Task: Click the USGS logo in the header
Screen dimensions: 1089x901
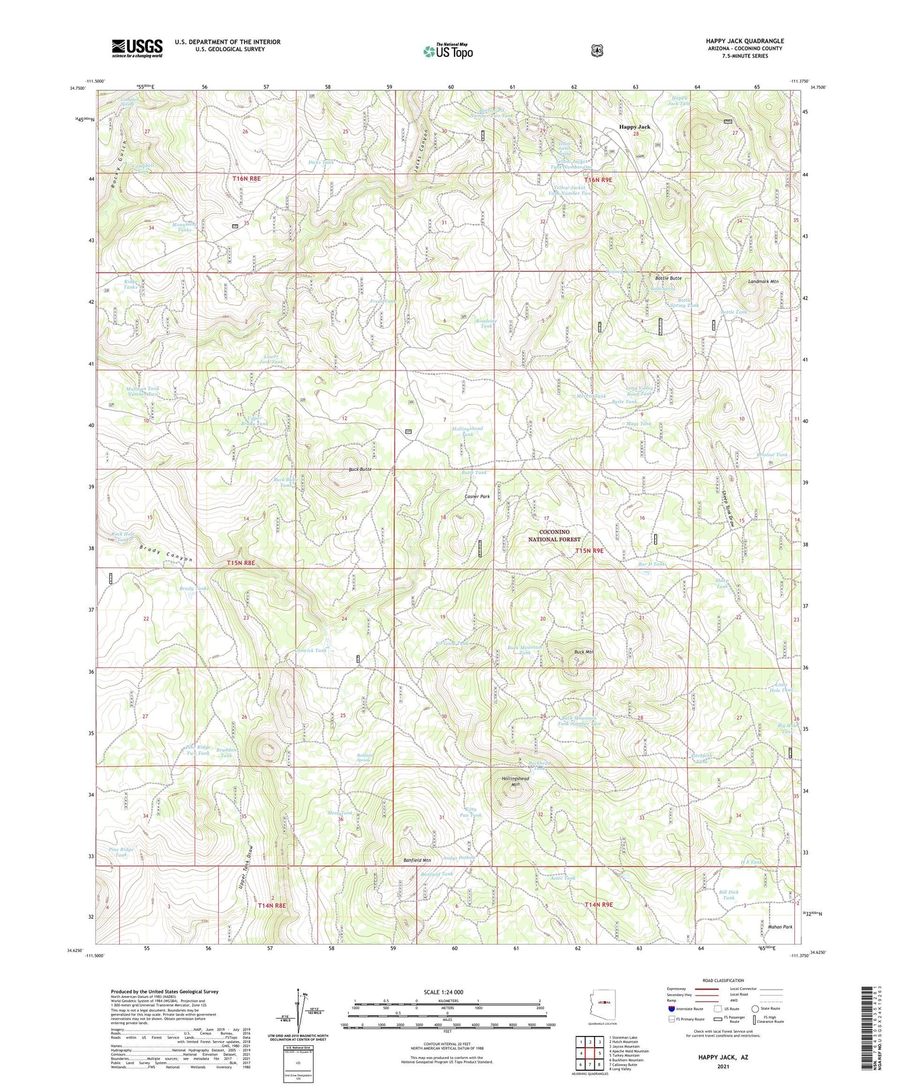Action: pyautogui.click(x=137, y=48)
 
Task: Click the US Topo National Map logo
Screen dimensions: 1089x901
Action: pyautogui.click(x=448, y=51)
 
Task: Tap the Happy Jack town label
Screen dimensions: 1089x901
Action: pyautogui.click(x=634, y=127)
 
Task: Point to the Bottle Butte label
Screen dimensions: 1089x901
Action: pyautogui.click(x=668, y=278)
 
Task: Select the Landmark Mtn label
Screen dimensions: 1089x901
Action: pyautogui.click(x=763, y=281)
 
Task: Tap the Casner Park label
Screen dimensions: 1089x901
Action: pyautogui.click(x=477, y=496)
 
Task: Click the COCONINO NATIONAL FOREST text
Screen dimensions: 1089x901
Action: pyautogui.click(x=554, y=535)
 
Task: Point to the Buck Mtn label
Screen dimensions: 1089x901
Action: pyautogui.click(x=584, y=652)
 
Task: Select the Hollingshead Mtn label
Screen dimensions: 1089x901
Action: pyautogui.click(x=515, y=782)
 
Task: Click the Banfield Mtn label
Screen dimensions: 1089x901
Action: pyautogui.click(x=417, y=860)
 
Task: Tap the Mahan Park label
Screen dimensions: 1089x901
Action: pyautogui.click(x=779, y=927)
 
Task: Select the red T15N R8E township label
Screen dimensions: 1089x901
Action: pyautogui.click(x=241, y=563)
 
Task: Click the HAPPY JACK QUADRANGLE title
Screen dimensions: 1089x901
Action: pyautogui.click(x=744, y=41)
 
